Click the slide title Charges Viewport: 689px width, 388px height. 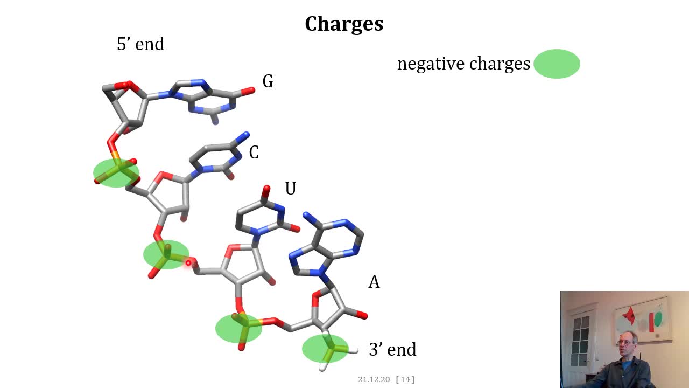344,24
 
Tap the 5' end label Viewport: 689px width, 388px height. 140,44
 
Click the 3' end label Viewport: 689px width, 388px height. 392,349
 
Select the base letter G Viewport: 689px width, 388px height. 268,81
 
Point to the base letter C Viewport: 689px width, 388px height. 254,153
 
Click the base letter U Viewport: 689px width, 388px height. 291,188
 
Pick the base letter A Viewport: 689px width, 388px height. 374,281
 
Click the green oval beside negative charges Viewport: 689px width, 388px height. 557,64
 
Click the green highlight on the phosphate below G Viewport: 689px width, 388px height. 116,173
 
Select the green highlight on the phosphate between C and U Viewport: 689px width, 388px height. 166,255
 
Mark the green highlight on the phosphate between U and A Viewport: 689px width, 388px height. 238,328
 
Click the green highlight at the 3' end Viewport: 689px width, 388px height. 326,349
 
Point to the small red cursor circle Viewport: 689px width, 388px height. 188,263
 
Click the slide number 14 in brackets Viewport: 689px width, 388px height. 405,379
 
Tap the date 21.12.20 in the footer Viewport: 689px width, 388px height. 374,379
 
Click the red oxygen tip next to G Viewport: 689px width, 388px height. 250,91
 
